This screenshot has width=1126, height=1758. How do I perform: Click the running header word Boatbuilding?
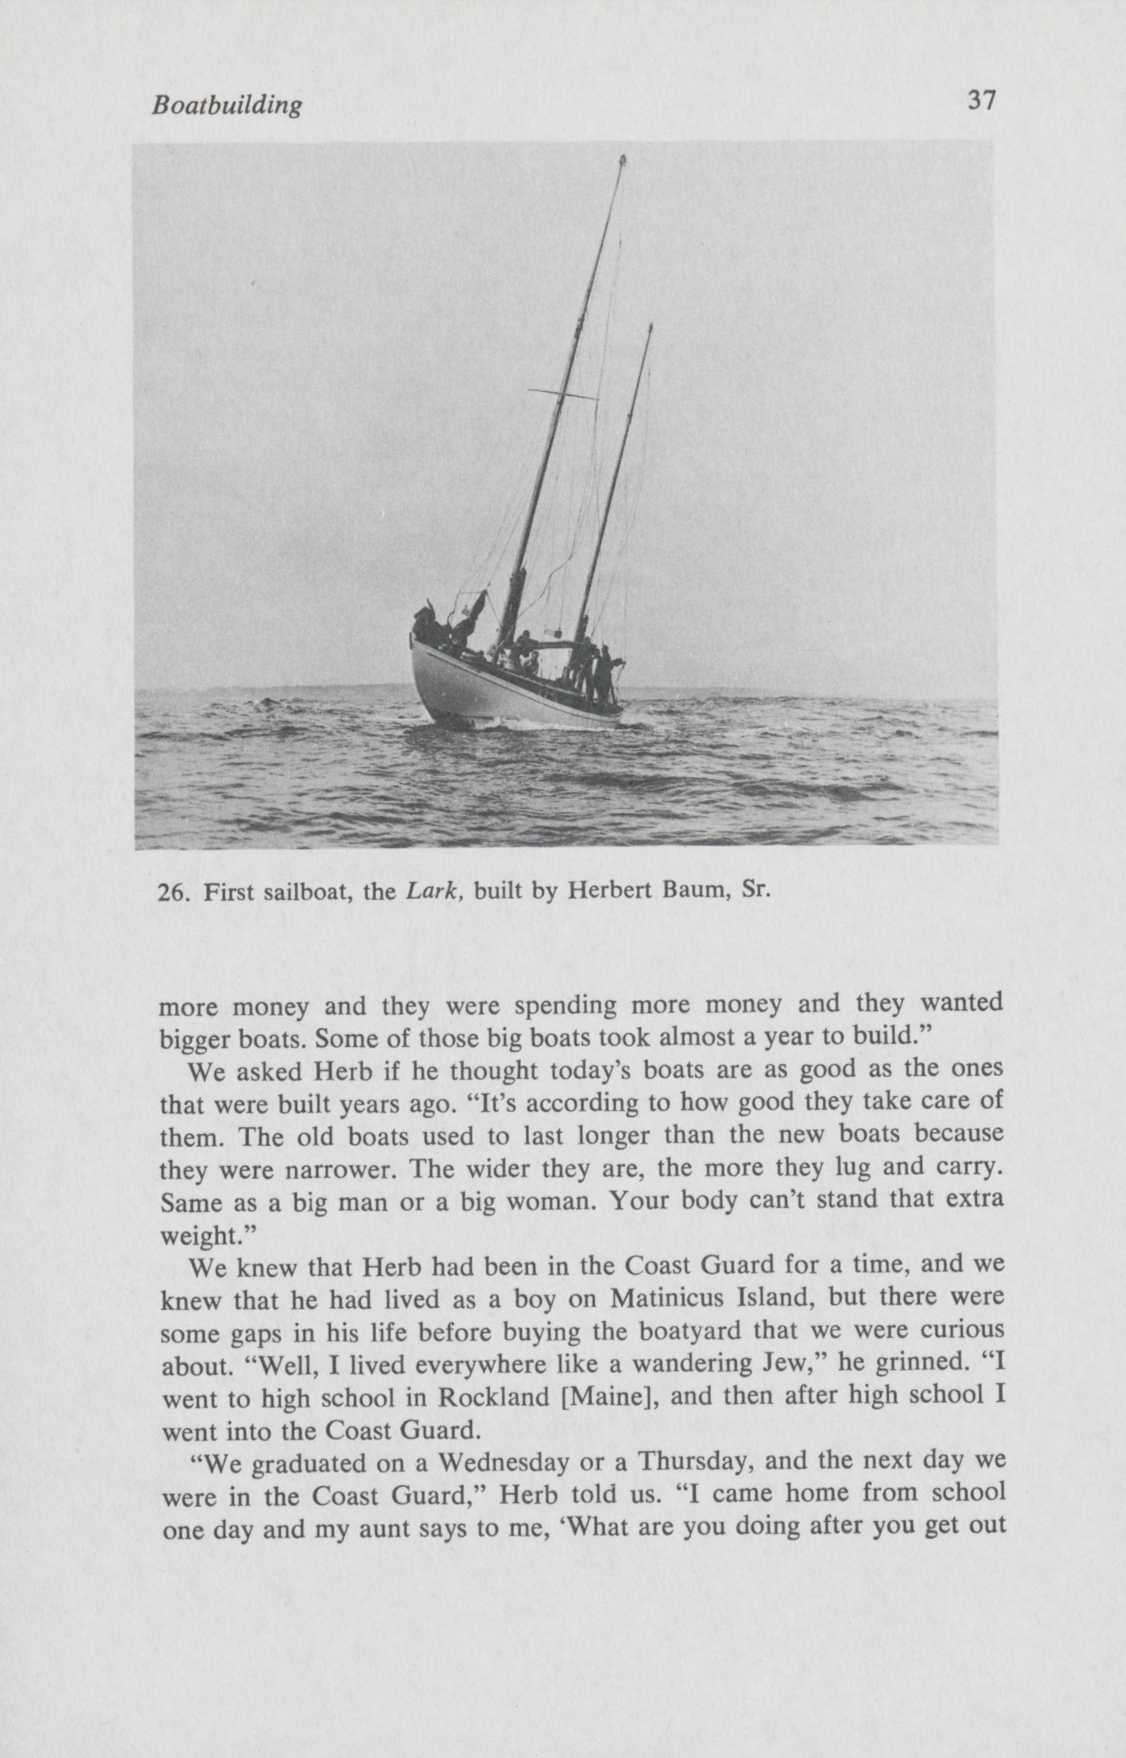coord(226,106)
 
